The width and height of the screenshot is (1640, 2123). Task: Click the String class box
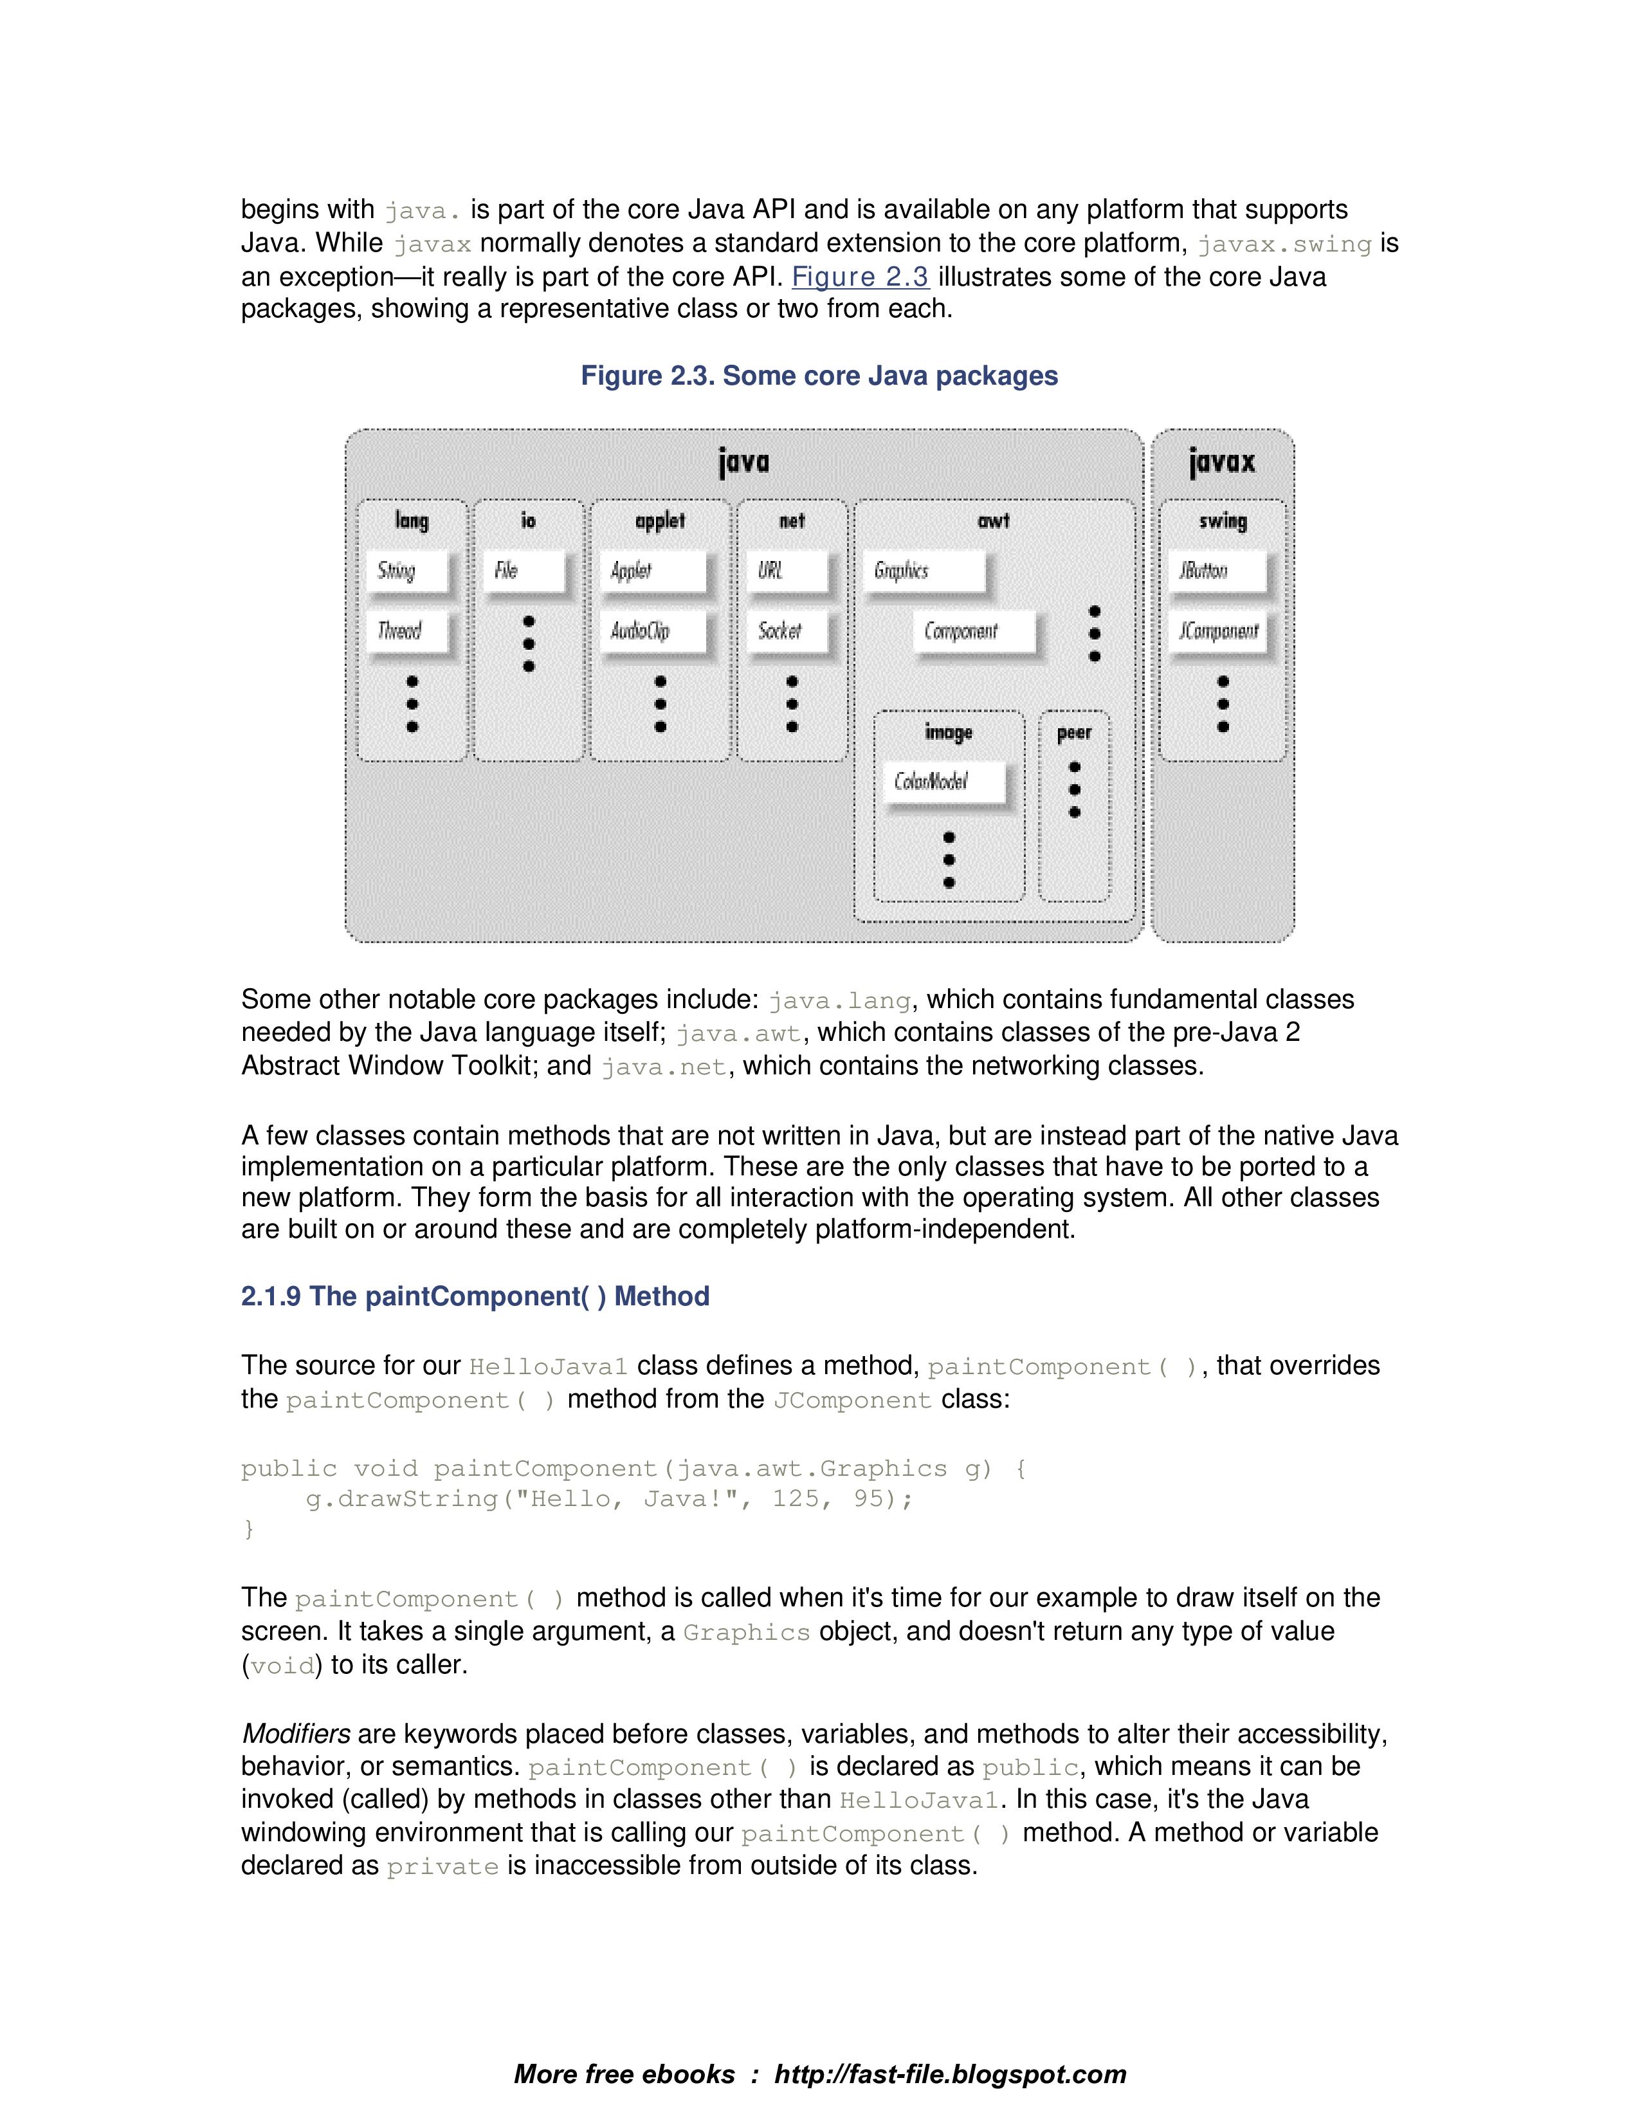click(x=406, y=571)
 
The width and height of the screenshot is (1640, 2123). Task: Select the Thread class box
click(x=406, y=631)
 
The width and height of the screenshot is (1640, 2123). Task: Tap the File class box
click(x=523, y=571)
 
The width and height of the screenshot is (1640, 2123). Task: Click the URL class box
click(x=786, y=571)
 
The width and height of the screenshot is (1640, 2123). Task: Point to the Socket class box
click(x=786, y=631)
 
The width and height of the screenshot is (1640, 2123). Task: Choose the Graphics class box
click(x=923, y=571)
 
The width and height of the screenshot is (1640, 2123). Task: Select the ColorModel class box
click(x=943, y=782)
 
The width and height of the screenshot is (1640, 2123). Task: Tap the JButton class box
click(x=1217, y=571)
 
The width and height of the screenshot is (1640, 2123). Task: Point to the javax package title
click(x=1221, y=462)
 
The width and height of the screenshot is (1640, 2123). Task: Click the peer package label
click(x=1073, y=733)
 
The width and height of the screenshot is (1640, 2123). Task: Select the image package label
click(x=948, y=733)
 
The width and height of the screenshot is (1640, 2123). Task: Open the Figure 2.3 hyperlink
click(x=860, y=277)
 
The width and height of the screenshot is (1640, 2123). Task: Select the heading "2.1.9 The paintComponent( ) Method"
click(x=475, y=1296)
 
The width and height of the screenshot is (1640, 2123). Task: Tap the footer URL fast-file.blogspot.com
click(x=949, y=2073)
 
